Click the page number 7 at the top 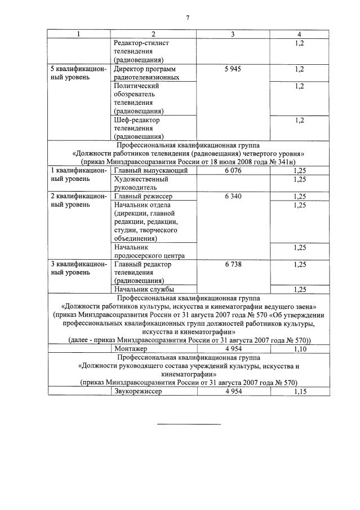[187, 17]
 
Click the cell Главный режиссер [143, 196]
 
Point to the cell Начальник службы [142, 289]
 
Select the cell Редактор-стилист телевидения [141, 51]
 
